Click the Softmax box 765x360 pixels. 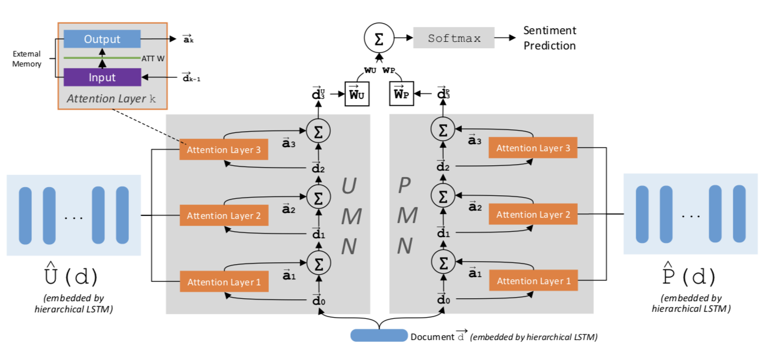454,39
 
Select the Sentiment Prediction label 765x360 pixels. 550,38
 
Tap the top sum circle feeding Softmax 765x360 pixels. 379,39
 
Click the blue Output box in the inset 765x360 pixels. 102,39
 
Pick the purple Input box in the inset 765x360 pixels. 102,77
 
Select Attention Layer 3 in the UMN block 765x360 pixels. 224,150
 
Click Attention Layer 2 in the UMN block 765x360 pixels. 224,216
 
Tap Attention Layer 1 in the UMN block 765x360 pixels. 224,282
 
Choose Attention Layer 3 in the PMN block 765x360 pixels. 533,148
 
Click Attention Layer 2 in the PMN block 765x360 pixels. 533,215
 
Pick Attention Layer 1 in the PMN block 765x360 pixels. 533,281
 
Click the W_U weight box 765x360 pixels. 357,94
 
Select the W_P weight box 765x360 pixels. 403,94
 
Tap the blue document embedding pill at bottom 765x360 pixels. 378,336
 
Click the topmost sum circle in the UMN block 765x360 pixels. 318,130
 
